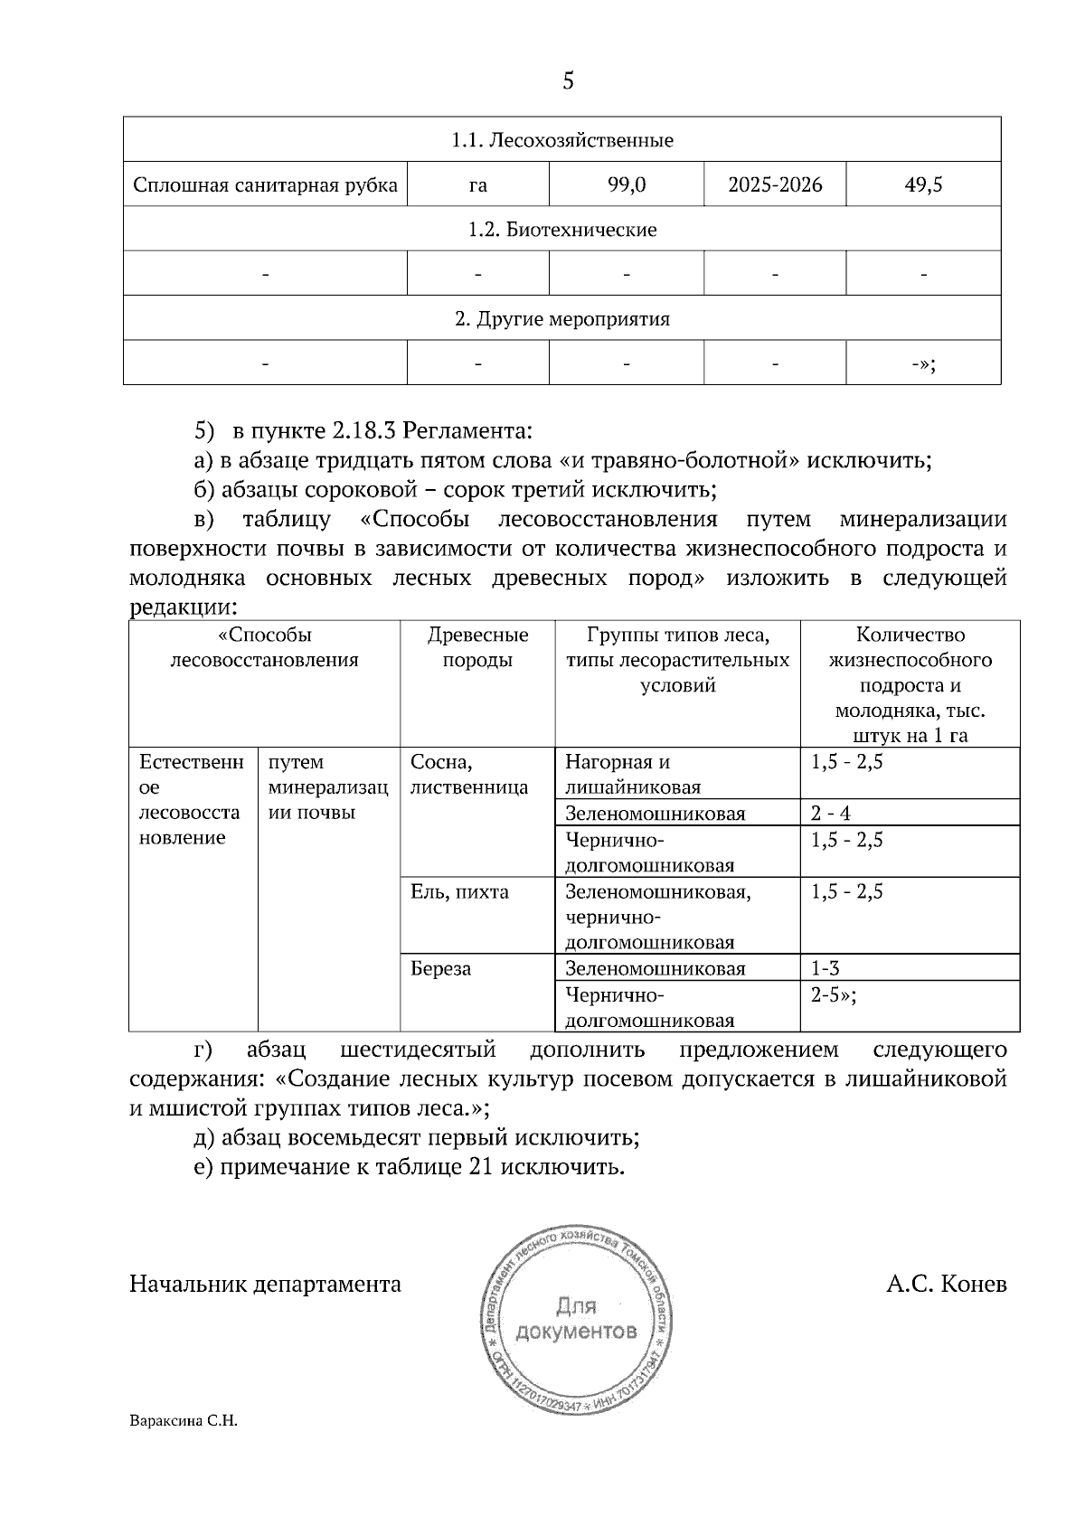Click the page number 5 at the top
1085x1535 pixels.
pos(567,81)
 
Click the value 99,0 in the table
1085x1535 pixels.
pos(626,185)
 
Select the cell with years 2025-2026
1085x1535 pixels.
pos(775,185)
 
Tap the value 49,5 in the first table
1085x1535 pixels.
pos(923,185)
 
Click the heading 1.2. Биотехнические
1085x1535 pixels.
pos(561,230)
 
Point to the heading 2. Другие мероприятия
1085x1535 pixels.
pos(561,319)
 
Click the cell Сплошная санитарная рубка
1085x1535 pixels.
pos(265,185)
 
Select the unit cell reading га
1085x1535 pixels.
pos(477,185)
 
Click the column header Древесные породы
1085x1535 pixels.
pos(477,647)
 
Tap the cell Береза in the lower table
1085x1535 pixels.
pos(440,969)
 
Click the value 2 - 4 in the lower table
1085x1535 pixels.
pos(830,814)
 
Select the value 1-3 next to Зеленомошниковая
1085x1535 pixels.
pos(826,969)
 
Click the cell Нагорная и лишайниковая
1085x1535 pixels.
pos(633,775)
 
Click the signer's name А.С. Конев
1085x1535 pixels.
pos(946,1285)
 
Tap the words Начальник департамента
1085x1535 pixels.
pos(265,1285)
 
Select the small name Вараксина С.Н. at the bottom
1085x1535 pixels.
pos(183,1421)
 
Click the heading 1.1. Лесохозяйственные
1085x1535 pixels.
pos(561,141)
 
